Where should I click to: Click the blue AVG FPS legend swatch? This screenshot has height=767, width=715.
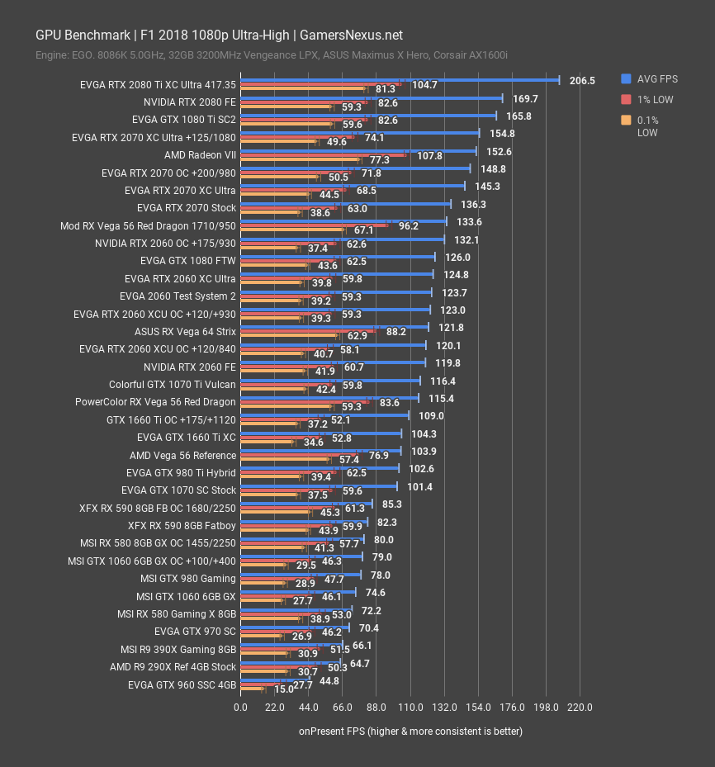(626, 79)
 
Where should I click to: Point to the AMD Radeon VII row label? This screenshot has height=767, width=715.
(200, 155)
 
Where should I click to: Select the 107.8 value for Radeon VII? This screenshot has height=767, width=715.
(429, 156)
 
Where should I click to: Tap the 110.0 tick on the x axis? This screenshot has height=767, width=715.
(410, 708)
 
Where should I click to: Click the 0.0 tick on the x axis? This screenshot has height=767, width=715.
(240, 708)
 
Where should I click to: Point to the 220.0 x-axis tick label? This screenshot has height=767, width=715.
(580, 708)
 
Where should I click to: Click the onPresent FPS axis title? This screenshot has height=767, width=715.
(410, 731)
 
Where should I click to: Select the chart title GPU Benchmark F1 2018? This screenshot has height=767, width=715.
(219, 35)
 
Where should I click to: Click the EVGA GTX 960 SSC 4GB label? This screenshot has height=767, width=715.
(182, 685)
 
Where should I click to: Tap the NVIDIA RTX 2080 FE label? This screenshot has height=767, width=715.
(189, 102)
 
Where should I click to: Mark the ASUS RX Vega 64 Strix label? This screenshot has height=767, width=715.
(185, 332)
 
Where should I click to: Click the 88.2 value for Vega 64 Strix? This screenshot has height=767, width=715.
(395, 332)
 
